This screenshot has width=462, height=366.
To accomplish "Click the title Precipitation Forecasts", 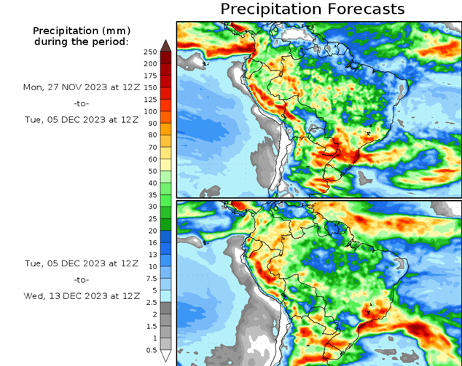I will point(312,9).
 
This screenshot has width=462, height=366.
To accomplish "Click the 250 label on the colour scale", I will point(151,52).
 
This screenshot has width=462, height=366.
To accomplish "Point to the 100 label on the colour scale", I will point(151,111).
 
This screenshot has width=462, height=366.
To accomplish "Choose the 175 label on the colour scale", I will point(151,76).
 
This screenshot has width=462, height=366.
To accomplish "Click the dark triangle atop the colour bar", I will point(165,46).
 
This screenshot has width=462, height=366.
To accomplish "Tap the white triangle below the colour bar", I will point(165,356).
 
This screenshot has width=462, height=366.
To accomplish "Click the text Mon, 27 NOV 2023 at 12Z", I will point(82,87).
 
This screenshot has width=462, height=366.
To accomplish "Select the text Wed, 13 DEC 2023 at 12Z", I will point(82,296).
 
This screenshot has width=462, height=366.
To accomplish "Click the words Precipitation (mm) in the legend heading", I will point(81,31).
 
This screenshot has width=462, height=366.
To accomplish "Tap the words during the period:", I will point(81,41).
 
